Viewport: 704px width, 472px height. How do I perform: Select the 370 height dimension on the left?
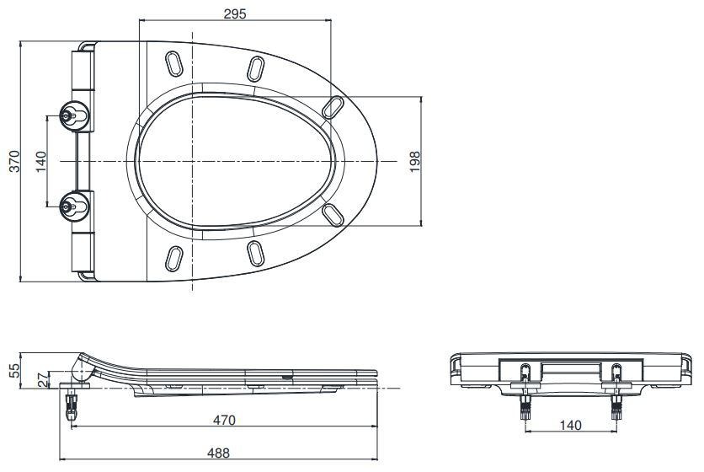tap(12, 160)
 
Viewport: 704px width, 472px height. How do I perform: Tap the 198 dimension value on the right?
tap(413, 160)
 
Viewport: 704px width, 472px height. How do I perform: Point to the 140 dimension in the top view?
tap(40, 160)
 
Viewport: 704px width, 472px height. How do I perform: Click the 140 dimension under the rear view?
tap(571, 426)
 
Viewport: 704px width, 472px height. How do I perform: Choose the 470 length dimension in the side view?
tap(223, 419)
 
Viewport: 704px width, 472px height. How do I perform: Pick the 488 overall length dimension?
tap(220, 453)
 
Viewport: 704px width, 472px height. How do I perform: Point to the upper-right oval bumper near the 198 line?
tap(333, 105)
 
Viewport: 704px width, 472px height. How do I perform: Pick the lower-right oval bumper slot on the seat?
tap(333, 214)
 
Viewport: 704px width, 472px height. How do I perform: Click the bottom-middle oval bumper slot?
tap(257, 252)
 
